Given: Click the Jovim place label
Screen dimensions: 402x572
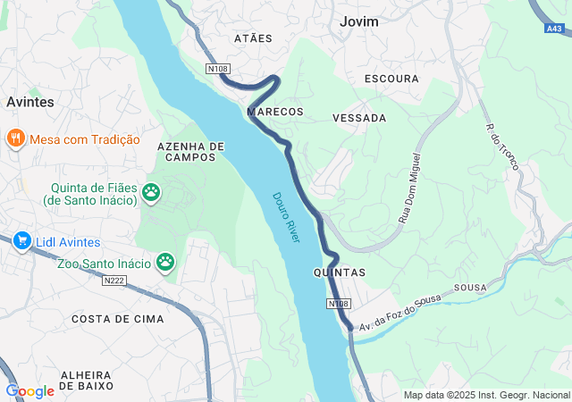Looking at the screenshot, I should point(359,21).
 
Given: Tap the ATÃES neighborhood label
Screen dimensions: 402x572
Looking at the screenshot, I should point(252,39).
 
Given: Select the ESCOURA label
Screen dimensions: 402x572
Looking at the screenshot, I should point(391,79).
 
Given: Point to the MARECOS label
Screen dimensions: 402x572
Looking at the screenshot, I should point(275,112).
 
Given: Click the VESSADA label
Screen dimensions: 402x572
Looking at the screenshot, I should point(358,118).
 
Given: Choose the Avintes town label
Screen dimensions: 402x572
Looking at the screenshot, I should point(29,102).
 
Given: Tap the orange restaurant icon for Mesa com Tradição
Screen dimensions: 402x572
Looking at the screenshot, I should point(15,138).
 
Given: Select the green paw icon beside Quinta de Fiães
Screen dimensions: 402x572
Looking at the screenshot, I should point(152,191).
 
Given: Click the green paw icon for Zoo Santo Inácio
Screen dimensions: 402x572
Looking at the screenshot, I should point(165,262).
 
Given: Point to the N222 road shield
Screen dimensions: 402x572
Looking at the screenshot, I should point(114,281).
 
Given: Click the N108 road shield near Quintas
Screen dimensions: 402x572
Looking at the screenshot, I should point(339,305).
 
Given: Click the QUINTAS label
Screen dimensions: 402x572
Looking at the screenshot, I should point(340,272).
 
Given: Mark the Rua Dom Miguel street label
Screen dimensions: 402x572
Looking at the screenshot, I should point(410,188).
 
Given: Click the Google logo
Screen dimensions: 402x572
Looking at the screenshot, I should point(29,391).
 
